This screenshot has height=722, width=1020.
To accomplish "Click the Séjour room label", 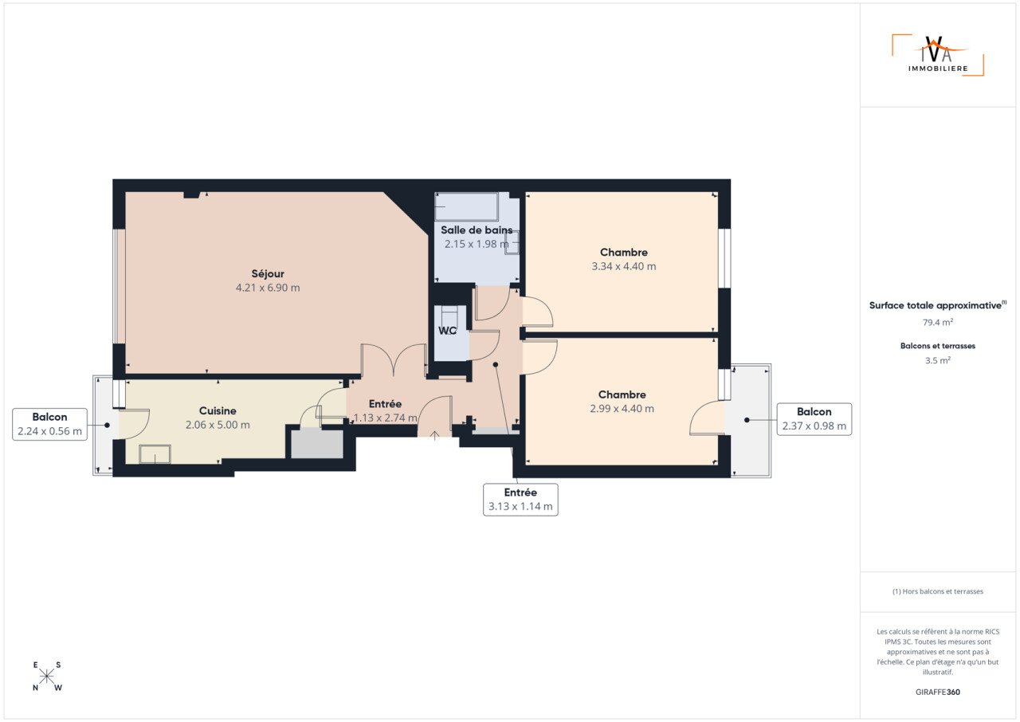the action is pos(268,273).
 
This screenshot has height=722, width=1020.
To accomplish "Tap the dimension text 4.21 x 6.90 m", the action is pos(268,288).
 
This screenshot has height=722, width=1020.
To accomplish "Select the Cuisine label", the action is pos(218,410).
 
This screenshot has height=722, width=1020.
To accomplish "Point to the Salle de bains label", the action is pos(477,230).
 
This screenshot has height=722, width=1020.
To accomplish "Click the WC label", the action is pos(447,331).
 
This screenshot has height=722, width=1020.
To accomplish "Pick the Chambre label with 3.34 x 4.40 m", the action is pos(623,252).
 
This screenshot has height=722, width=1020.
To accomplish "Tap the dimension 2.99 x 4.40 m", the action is pos(622,409).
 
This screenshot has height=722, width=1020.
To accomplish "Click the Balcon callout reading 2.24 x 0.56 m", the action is pos(49,424).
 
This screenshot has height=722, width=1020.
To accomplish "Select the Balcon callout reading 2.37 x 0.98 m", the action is pos(814,419).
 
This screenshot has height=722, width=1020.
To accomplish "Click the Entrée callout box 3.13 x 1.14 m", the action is pos(520,500).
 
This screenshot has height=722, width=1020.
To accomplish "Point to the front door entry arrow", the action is pos(435,436).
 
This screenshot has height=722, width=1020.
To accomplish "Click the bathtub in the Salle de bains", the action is pos(466,207).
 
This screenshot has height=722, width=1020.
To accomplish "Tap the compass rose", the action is pos(46,677).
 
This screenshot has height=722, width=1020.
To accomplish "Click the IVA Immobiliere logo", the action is pos(938,55).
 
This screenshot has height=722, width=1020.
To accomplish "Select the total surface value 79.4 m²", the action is pos(938,322).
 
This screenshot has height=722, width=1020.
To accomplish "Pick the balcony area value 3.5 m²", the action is pos(938,360).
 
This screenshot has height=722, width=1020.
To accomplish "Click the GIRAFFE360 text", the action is pos(938,692).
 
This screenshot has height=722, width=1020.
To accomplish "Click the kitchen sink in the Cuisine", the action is pos(155,454).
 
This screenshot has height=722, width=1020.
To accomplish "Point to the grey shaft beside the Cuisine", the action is pos(317,443).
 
